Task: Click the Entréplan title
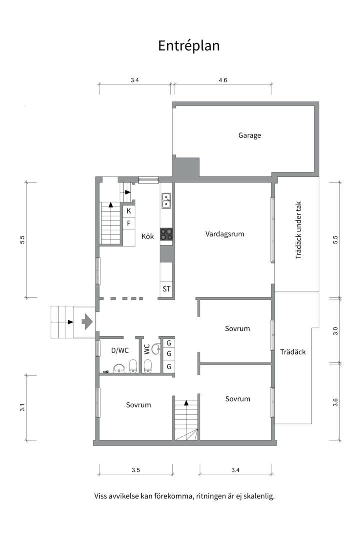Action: coord(189,46)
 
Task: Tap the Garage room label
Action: coord(250,135)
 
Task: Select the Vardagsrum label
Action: coord(225,234)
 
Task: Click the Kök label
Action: coord(148,236)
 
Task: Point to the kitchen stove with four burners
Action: coord(166,234)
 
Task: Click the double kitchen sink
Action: coord(166,201)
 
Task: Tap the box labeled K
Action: coord(129,211)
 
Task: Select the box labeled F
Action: coord(129,223)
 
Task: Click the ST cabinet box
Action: coord(166,289)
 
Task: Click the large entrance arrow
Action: coord(87,322)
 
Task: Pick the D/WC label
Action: coord(120,350)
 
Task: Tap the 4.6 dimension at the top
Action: coord(223,80)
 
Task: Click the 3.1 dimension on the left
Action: coord(22,408)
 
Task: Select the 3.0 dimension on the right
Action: coord(336,331)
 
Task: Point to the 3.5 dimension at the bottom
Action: coord(136,470)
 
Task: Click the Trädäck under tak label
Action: coord(298,230)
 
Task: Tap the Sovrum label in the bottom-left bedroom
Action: coord(138,405)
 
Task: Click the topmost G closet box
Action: coord(169,343)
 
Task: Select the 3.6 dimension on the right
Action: coord(336,402)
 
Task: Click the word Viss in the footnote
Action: coord(101,496)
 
